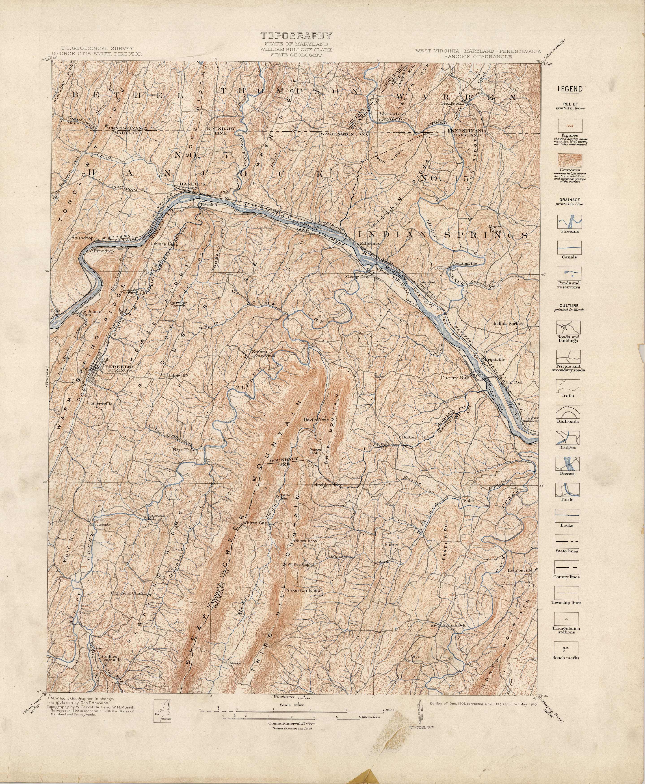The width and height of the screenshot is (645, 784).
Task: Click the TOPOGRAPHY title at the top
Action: (296, 36)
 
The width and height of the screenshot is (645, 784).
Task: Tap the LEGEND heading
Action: (569, 89)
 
